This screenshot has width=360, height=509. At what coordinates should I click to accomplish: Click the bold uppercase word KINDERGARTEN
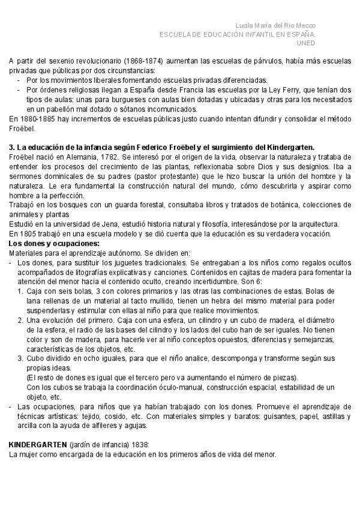pyautogui.click(x=38, y=445)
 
